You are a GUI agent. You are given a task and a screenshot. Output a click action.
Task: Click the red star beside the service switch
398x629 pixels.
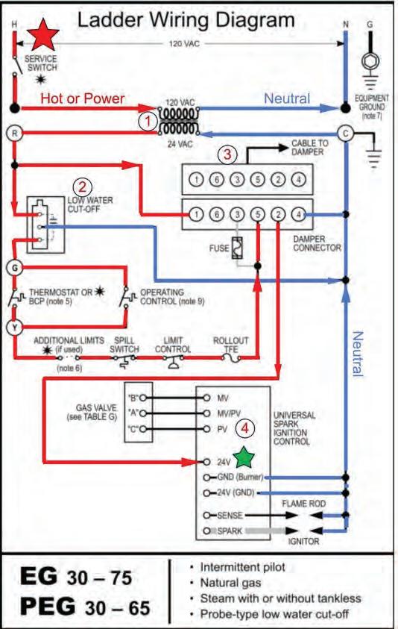tap(42, 35)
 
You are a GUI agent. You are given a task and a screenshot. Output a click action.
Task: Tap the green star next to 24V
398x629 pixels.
tap(244, 457)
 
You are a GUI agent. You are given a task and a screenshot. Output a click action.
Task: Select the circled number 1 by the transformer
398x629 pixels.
tap(148, 121)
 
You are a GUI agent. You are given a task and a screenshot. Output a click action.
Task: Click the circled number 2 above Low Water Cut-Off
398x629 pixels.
tap(82, 187)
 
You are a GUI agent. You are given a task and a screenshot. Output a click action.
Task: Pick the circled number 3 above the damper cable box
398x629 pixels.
tap(227, 154)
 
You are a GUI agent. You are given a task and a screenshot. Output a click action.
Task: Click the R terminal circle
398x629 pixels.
tap(15, 133)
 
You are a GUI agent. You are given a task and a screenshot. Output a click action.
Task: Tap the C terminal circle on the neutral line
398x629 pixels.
tap(345, 133)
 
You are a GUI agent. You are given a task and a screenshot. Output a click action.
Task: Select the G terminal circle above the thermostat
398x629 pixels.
tap(15, 267)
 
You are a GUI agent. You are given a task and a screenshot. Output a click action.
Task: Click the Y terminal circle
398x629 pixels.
tap(15, 327)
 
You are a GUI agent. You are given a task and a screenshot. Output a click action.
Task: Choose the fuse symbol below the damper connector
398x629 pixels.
tap(237, 248)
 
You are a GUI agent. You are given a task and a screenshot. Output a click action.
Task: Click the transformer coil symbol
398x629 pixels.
tap(178, 121)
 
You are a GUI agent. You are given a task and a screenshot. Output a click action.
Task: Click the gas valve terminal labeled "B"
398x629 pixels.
tap(142, 398)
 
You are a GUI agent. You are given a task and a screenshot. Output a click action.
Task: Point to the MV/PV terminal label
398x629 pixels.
tap(229, 413)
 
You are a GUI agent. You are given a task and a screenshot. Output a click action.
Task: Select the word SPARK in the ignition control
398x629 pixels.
tap(230, 531)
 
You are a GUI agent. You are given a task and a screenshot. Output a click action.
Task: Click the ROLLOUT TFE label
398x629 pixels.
tap(230, 345)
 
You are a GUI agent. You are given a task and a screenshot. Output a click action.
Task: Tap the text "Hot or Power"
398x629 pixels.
tap(83, 98)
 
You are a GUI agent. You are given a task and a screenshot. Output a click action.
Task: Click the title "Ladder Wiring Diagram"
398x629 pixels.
tap(186, 19)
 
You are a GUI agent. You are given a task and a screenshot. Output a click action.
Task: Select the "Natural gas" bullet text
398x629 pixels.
tap(230, 583)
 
